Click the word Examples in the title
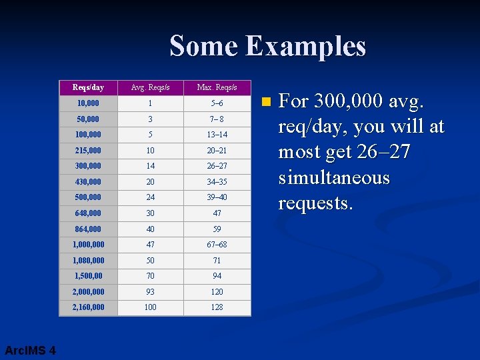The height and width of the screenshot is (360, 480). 305,47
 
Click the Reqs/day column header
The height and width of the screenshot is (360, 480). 88,87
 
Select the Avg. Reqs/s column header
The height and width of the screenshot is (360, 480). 150,87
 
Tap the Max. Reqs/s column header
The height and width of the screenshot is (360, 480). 217,87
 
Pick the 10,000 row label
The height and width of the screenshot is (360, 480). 88,103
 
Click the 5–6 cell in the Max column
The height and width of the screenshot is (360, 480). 217,103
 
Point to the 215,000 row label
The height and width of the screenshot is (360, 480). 89,151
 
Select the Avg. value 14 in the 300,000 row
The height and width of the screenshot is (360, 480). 150,166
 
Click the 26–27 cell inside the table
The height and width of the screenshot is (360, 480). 217,166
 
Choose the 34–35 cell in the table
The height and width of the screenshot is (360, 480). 217,182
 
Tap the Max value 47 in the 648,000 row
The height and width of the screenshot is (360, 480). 217,213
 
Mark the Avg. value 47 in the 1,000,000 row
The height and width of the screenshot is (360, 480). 150,245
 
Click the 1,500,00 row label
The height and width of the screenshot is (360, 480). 89,276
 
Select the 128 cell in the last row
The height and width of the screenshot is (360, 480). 217,307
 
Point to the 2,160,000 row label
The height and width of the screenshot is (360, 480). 89,307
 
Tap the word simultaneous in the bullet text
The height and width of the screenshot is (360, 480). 333,178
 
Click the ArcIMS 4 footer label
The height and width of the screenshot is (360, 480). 30,351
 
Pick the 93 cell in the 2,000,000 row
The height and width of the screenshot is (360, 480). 150,292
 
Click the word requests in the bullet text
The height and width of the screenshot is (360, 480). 315,203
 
